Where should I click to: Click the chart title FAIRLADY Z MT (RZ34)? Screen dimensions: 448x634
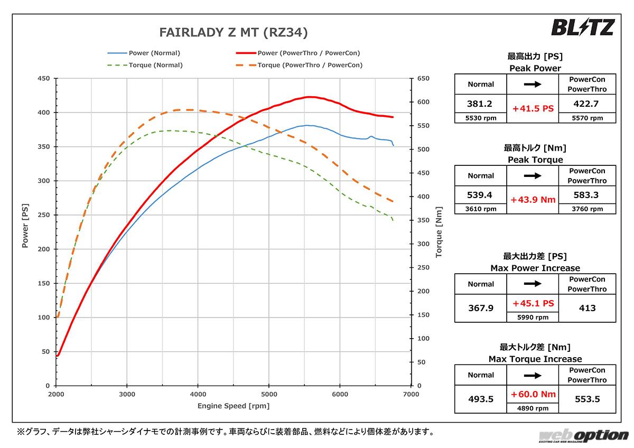233,33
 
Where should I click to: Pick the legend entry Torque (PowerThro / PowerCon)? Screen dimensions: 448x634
310,65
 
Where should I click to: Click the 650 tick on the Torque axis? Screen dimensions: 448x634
424,79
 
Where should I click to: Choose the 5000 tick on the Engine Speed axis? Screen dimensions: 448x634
269,394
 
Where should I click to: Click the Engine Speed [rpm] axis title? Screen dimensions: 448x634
233,406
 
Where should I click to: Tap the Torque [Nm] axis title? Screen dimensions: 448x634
438,232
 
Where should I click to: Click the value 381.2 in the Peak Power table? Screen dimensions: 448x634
480,104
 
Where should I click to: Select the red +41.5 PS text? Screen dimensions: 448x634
533,108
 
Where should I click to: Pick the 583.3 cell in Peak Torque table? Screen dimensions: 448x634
586,195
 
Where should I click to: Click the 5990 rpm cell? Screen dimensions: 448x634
533,317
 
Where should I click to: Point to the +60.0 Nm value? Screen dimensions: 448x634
533,394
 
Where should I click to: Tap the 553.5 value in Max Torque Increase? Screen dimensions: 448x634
586,399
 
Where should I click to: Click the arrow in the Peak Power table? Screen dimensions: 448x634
533,84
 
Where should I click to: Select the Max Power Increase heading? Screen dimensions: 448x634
535,268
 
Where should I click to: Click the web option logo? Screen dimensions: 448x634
583,436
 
